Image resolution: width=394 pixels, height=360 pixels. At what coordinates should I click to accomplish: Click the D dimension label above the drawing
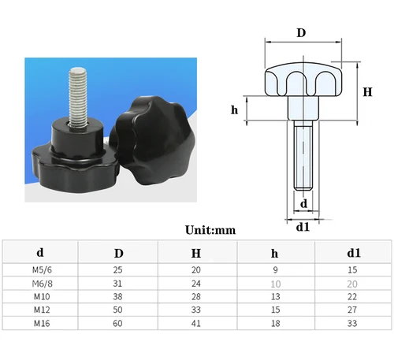coord(300,33)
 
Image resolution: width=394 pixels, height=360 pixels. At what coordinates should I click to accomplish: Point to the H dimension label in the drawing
coord(367,91)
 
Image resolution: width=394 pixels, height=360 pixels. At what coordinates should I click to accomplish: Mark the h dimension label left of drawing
coord(235,109)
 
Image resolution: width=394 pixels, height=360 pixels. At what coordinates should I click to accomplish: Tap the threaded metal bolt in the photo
coord(78,91)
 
